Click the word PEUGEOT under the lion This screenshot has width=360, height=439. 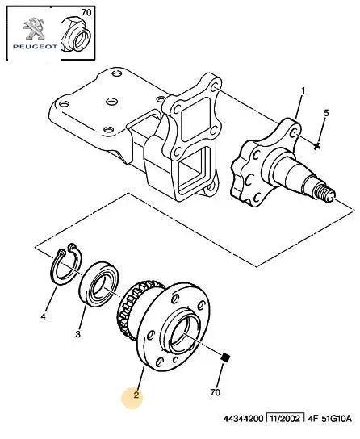pos(35,47)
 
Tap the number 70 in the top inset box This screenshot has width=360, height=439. pos(86,12)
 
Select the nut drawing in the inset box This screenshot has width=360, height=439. pos(77,34)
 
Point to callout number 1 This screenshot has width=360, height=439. pos(303,91)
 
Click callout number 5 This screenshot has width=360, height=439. pos(326,113)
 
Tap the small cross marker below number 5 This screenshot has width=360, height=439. pos(316,146)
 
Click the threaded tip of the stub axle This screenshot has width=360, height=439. pos(324,194)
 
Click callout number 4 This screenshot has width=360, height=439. pos(43,316)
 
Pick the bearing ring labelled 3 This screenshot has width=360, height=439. pos(99,283)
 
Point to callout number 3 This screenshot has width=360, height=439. pos(77,334)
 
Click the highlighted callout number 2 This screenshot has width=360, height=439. pos(136,395)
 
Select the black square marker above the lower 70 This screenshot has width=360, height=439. pos(226,357)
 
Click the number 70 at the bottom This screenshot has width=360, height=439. pos(215,392)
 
